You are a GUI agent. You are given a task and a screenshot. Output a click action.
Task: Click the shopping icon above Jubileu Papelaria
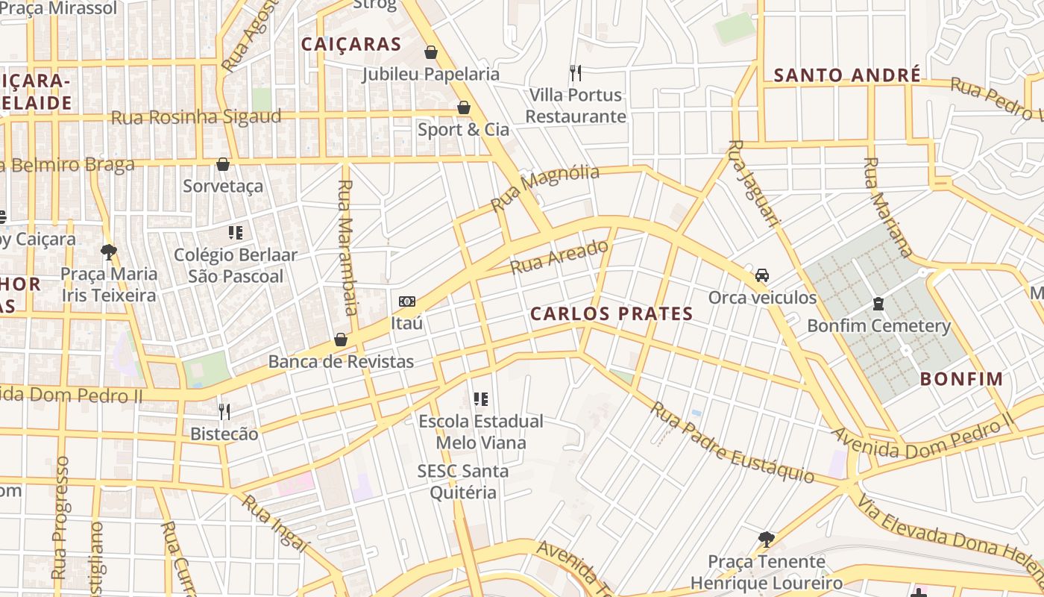(x=430, y=52)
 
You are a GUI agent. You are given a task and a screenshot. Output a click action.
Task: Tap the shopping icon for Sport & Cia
(x=463, y=108)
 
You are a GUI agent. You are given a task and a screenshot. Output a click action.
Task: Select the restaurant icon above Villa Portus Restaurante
(x=575, y=73)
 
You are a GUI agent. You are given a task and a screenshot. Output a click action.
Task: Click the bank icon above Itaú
(x=406, y=301)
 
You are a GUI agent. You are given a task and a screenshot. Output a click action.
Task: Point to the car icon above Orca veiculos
(x=761, y=275)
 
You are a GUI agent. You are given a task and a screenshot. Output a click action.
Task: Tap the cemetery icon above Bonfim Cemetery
(x=878, y=304)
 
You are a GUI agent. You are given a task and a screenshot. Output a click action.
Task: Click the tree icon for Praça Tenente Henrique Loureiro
(x=766, y=539)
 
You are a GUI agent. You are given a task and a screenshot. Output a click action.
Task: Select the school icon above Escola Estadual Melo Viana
(x=481, y=399)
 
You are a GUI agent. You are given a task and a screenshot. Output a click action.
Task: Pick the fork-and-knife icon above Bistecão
(x=224, y=411)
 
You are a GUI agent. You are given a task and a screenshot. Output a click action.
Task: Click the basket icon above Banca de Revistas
(x=341, y=340)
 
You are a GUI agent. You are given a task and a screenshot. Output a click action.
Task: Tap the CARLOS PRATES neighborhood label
(x=611, y=314)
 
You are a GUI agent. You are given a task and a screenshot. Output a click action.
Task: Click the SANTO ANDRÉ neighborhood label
(x=847, y=75)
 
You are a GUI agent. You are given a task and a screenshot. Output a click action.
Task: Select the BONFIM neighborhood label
(x=961, y=379)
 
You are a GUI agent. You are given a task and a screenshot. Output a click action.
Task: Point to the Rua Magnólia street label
(x=545, y=188)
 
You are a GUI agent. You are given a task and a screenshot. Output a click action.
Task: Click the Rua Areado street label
(x=559, y=257)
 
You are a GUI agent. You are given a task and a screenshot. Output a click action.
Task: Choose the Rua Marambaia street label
(x=348, y=247)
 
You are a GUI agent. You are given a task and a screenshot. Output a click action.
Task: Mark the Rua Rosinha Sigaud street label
(x=196, y=117)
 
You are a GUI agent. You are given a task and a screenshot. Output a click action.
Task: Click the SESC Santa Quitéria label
(x=462, y=482)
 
